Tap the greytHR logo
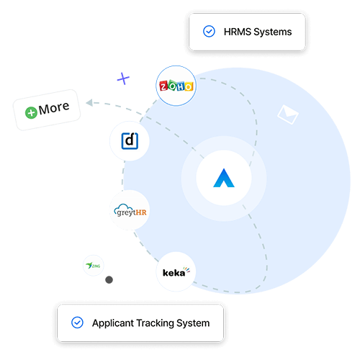tap(130, 210)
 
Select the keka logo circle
tap(175, 271)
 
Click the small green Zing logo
tap(92, 265)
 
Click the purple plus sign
tap(124, 78)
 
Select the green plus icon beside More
tap(31, 112)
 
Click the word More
tap(54, 109)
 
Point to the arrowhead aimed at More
tap(88, 104)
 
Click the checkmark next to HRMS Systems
tap(209, 32)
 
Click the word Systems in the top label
tap(274, 32)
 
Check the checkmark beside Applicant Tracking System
tap(77, 323)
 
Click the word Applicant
tap(114, 323)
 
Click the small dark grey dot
tap(109, 279)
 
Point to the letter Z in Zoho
tap(163, 88)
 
